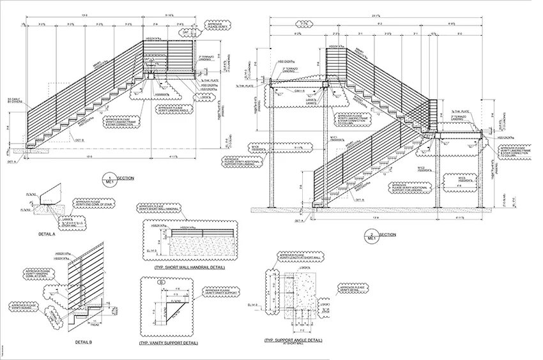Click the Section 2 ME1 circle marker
click(x=374, y=236)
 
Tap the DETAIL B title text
click(x=84, y=343)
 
